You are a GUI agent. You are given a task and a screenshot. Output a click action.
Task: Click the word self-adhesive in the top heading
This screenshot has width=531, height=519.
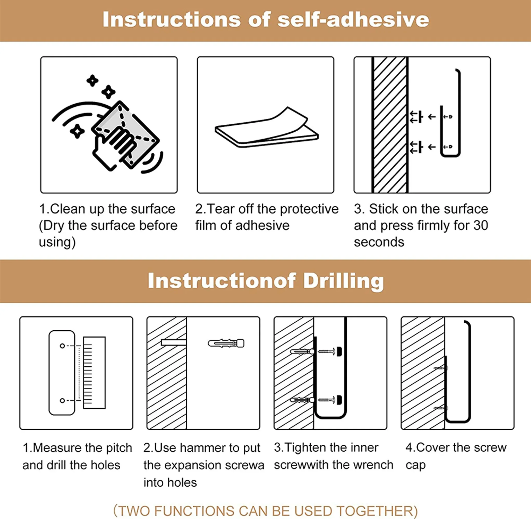tap(353, 20)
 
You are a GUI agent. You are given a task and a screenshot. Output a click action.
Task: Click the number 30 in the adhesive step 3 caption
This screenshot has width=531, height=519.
tap(480, 225)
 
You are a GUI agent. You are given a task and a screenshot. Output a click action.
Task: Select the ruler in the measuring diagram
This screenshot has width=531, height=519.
tap(94, 373)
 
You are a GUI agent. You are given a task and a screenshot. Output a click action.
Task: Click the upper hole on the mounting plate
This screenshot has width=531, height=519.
tap(62, 346)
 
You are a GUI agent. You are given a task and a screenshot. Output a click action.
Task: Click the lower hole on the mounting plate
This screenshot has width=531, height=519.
tap(62, 400)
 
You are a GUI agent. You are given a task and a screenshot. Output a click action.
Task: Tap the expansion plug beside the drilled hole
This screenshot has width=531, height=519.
tap(226, 343)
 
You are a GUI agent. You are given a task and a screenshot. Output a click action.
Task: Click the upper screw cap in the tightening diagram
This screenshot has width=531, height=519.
tap(340, 352)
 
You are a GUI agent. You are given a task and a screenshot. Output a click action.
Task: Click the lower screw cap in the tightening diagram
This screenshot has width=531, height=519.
tap(340, 400)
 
